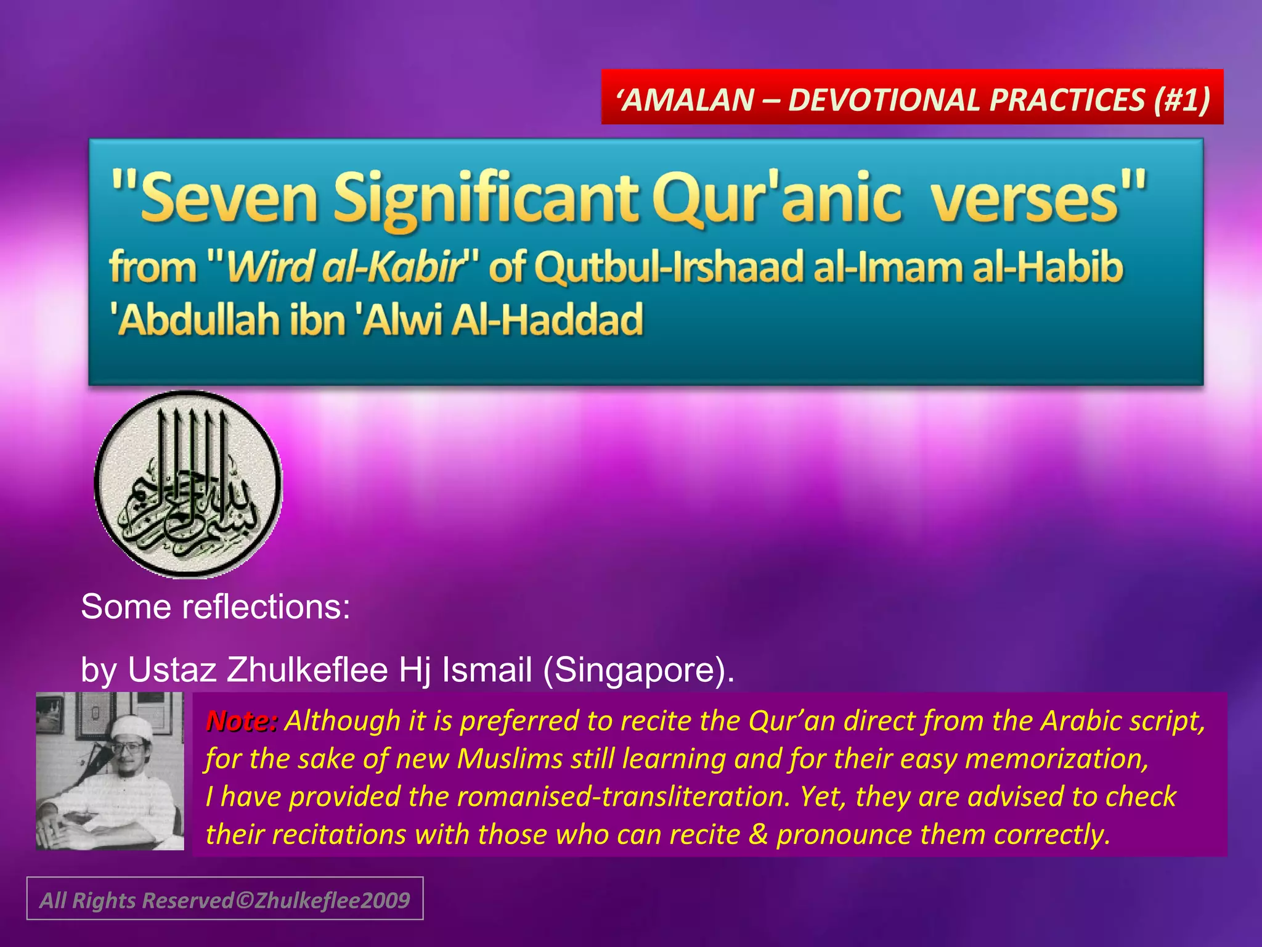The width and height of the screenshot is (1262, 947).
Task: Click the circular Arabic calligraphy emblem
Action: (189, 484)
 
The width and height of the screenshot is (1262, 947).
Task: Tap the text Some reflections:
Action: (216, 607)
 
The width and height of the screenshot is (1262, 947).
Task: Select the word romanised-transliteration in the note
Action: (622, 796)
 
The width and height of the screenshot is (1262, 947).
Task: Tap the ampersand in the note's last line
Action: (758, 834)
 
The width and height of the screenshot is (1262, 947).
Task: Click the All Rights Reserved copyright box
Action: (225, 899)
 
